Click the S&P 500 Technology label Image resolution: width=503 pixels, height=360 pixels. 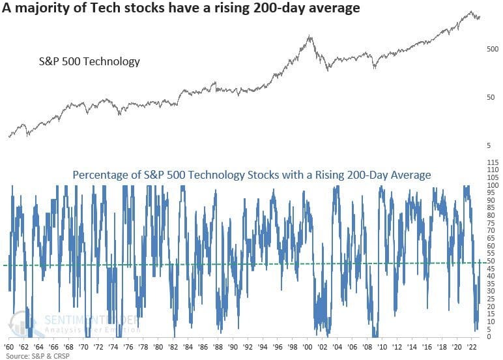tap(87, 62)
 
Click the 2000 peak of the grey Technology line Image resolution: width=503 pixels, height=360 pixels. tap(309, 37)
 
